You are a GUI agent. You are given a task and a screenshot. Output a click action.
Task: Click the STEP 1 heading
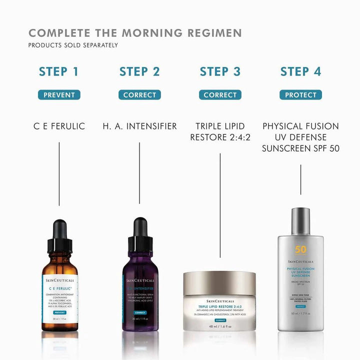pos(59,71)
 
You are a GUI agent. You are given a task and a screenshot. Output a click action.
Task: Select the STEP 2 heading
pos(139,71)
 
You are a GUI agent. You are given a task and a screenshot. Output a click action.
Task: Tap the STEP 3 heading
pos(220,71)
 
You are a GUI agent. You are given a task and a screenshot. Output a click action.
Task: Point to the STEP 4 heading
pos(300,71)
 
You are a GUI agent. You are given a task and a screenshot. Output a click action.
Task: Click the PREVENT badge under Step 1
pos(59,95)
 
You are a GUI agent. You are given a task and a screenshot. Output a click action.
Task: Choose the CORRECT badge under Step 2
pos(139,95)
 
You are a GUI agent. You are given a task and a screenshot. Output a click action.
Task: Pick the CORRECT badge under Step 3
pos(220,95)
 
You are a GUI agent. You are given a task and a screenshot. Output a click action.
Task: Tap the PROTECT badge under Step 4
pos(300,95)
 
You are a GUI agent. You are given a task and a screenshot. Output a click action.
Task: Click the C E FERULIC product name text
pos(59,126)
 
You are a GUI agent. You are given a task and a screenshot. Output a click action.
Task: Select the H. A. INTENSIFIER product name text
pos(139,126)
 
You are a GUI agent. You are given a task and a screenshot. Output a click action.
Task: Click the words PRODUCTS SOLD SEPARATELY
pos(73,45)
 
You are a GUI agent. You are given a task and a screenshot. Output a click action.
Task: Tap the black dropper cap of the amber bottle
pos(59,235)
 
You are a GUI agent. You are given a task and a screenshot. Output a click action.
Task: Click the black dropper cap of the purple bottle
pos(139,235)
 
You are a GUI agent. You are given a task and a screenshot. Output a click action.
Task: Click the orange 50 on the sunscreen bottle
pos(300,250)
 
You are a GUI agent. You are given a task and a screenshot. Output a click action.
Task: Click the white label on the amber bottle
pos(59,295)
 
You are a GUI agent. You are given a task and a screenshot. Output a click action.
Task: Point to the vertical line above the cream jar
pos(220,210)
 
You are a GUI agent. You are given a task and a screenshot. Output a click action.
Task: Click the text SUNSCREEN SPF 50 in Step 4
pos(300,148)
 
